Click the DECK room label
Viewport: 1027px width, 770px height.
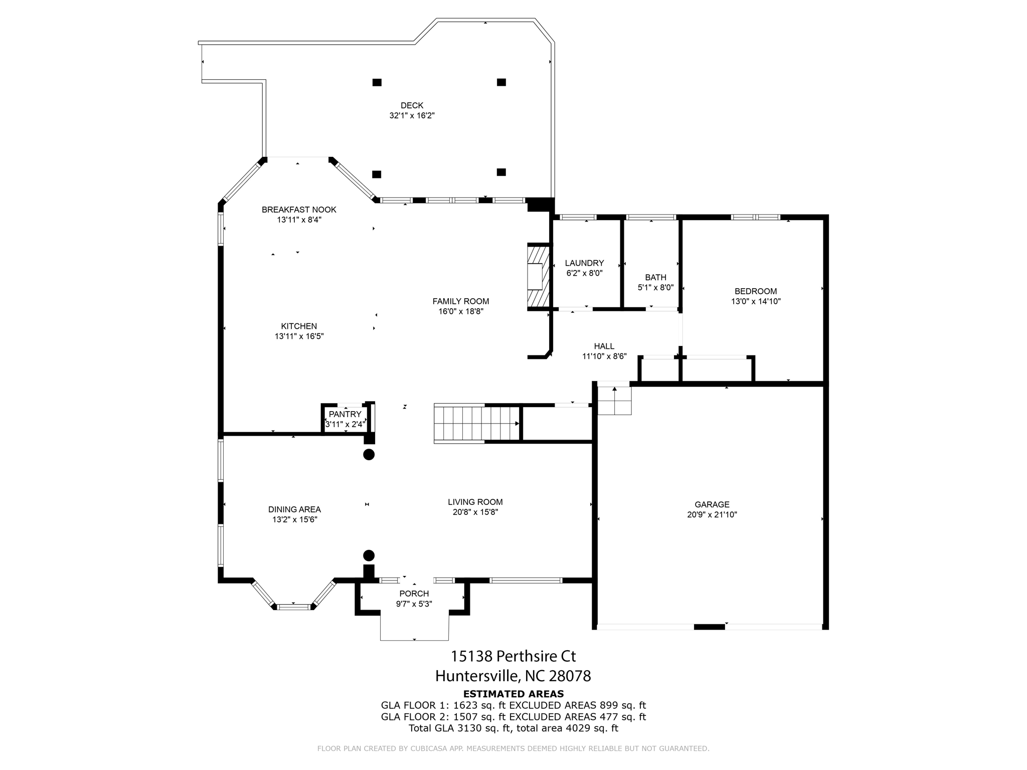(x=412, y=105)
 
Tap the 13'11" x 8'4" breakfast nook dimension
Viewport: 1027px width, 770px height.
(x=299, y=220)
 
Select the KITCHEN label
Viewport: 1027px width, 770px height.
(x=299, y=326)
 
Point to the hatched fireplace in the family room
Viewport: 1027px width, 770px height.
(x=538, y=276)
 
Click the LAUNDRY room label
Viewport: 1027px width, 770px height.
(x=584, y=263)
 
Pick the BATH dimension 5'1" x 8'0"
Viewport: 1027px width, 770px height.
(x=655, y=288)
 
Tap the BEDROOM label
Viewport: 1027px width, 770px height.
(x=755, y=291)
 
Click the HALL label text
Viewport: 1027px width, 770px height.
(x=604, y=346)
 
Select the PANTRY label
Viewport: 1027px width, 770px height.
(x=345, y=414)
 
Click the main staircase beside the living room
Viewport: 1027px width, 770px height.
(x=476, y=424)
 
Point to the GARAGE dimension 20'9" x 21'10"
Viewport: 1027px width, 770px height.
(x=712, y=514)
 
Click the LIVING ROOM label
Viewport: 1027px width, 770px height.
(x=475, y=502)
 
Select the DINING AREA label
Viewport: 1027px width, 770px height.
(x=294, y=509)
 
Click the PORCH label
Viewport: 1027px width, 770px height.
(x=414, y=594)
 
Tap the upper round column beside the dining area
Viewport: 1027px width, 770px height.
(x=369, y=455)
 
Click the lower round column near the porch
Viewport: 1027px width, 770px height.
(x=369, y=555)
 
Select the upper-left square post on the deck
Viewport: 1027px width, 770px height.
(x=377, y=82)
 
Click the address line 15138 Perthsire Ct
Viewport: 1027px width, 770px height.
(x=513, y=656)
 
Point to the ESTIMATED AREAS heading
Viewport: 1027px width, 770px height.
(x=513, y=694)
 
